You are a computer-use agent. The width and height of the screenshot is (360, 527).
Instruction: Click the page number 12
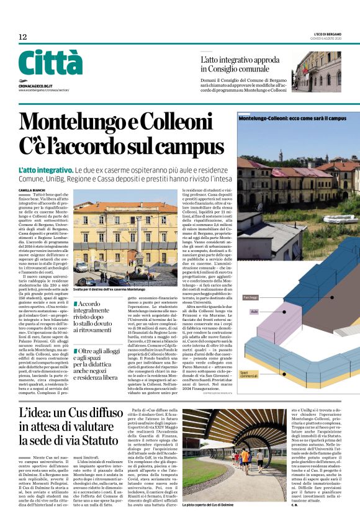[22, 37]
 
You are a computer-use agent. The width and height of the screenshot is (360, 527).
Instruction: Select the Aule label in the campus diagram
[254, 312]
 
